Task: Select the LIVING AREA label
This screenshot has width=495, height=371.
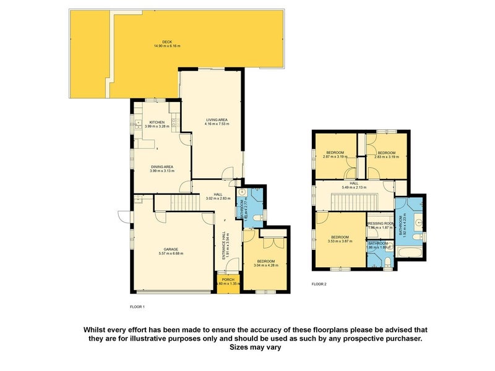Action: coord(217,119)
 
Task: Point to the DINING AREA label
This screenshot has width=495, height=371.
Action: coord(161,166)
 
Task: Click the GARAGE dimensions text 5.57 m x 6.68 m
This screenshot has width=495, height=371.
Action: coord(170,254)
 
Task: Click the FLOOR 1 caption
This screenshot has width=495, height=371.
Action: coord(137,307)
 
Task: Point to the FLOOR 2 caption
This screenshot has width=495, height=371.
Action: coord(319,284)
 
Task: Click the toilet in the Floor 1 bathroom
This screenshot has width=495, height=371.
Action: coord(255,193)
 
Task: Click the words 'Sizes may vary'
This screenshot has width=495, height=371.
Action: coord(255,348)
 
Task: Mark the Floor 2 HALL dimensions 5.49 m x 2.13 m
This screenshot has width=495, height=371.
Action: coord(353,187)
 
